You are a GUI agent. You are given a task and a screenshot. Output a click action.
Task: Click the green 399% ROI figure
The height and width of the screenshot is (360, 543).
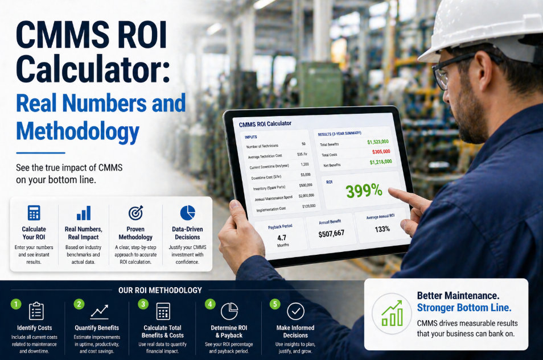coord(364,192)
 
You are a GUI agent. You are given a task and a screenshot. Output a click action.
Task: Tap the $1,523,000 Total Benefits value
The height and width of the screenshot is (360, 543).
coord(377,142)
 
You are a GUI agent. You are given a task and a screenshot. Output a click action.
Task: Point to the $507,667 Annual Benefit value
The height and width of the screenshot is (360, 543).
coord(331,233)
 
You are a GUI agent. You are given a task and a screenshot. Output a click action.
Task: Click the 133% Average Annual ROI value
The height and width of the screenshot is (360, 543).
coord(382,229)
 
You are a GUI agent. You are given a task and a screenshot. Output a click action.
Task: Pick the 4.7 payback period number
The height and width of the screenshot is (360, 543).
coord(282,237)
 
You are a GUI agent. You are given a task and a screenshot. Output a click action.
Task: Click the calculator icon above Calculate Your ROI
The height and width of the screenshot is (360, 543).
coord(34,213)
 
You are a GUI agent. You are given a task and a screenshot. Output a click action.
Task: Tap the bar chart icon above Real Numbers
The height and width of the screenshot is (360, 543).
coord(84,213)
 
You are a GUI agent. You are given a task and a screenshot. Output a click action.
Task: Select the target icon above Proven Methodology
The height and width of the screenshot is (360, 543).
coord(135,213)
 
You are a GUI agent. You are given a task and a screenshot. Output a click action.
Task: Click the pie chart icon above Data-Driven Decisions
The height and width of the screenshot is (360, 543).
coord(187,212)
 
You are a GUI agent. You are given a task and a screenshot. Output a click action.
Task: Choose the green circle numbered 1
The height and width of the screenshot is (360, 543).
coord(17,304)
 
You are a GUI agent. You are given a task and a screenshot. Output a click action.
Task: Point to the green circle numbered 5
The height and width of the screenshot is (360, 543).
coord(275,304)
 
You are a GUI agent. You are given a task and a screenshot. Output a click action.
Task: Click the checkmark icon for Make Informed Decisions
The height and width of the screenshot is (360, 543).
coord(295,311)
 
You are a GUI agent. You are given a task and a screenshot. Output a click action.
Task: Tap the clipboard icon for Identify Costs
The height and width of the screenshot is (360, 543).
coord(36,311)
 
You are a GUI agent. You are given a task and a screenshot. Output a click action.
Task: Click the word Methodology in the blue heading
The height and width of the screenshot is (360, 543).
coord(78,132)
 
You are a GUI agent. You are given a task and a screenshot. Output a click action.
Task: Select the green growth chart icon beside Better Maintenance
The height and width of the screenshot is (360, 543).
coord(392,313)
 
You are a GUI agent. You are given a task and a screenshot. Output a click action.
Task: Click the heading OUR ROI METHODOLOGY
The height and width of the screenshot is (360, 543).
coord(160,290)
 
